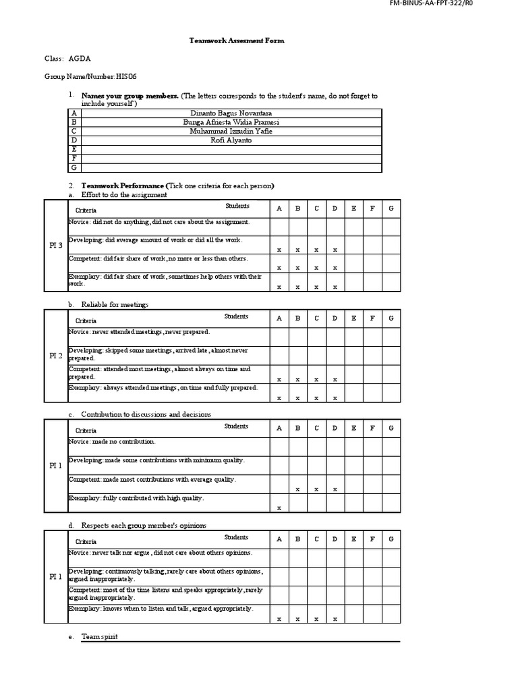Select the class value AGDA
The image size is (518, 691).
tap(79, 59)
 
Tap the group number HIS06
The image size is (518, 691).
tap(131, 77)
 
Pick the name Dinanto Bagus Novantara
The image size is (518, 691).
tap(231, 113)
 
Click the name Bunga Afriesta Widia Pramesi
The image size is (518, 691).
tap(231, 122)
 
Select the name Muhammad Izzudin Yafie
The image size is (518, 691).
tap(231, 132)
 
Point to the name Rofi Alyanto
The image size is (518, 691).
tap(231, 140)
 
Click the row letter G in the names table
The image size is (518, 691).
tap(74, 167)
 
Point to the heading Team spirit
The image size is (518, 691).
tap(99, 636)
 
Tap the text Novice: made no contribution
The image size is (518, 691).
tap(112, 442)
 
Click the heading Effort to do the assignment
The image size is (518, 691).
tap(124, 194)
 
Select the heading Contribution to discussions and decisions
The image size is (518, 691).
tap(146, 414)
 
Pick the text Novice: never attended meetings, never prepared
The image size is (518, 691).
tap(139, 332)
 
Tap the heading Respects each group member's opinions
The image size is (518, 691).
tap(144, 525)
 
